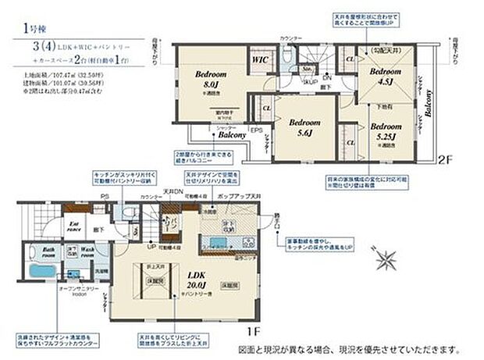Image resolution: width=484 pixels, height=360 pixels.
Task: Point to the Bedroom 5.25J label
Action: pos(386,130)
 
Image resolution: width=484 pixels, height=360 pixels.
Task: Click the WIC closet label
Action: pos(260,59)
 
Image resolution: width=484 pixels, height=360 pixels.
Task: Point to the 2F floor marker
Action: pos(446,159)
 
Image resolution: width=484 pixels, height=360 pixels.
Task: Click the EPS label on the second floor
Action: pos(255,130)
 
